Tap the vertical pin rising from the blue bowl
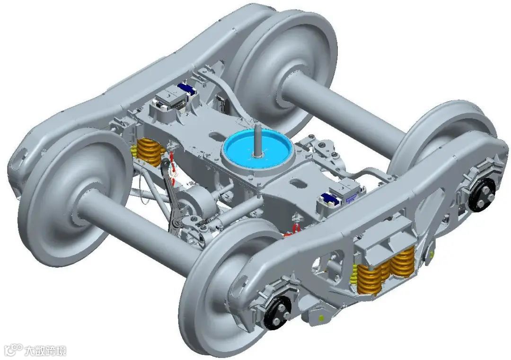point(257,140)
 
